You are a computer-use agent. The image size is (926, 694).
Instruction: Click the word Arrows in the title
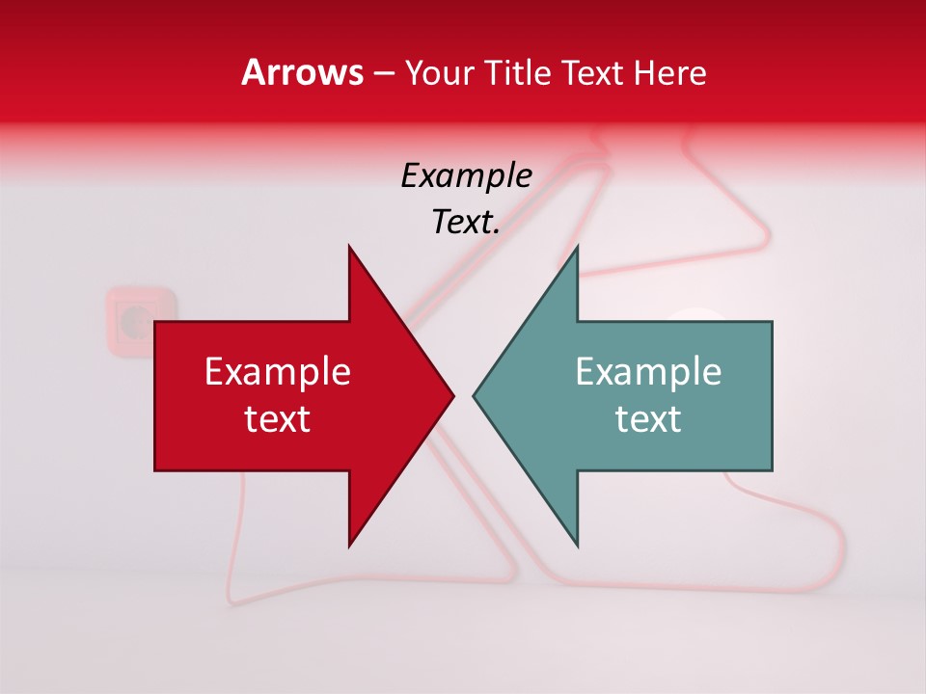302,72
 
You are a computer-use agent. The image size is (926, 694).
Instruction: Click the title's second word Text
594,73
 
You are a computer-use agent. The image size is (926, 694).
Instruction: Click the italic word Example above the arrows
467,175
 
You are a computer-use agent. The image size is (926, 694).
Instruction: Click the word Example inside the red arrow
277,371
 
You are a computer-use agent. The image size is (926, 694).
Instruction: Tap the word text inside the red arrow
277,419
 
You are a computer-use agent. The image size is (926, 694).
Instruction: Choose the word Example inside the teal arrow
648,371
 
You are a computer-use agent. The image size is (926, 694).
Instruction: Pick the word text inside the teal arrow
648,419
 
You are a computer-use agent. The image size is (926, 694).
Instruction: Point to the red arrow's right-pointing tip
451,395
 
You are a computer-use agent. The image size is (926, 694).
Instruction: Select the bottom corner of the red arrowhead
350,544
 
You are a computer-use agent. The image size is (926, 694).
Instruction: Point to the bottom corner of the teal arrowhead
576,544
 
